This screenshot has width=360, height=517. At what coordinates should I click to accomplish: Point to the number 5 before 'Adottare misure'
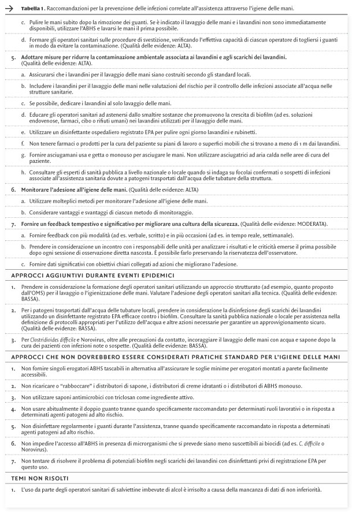click(x=13, y=58)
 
